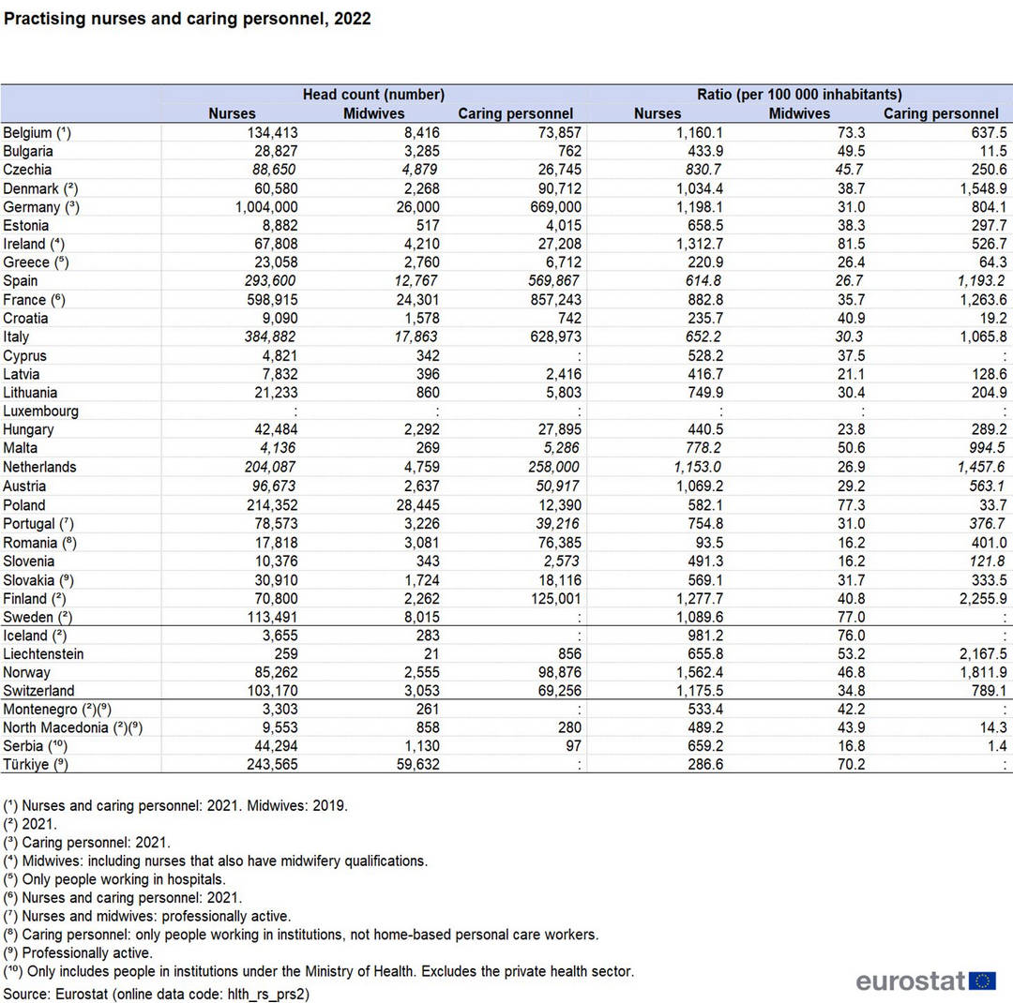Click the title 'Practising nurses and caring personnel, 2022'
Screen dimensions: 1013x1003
point(188,19)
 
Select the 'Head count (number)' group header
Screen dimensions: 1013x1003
point(373,95)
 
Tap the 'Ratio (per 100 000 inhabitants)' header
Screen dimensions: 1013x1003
point(799,95)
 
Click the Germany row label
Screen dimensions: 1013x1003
point(40,207)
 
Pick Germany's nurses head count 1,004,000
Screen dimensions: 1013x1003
point(266,207)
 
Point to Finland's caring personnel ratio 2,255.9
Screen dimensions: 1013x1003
point(983,599)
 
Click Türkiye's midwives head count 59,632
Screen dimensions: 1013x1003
point(418,765)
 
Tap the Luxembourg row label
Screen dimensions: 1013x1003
point(40,412)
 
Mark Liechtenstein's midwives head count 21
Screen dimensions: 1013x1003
point(431,653)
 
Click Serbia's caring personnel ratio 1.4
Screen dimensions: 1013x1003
point(997,746)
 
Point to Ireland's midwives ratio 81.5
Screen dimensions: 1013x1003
point(851,244)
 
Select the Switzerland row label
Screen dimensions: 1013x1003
point(38,691)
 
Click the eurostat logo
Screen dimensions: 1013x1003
point(925,981)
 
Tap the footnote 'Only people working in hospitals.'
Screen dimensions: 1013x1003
point(114,879)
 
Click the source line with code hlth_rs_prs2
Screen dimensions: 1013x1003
point(157,994)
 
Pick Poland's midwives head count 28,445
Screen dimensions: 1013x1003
point(418,505)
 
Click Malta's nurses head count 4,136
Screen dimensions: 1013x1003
point(278,448)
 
